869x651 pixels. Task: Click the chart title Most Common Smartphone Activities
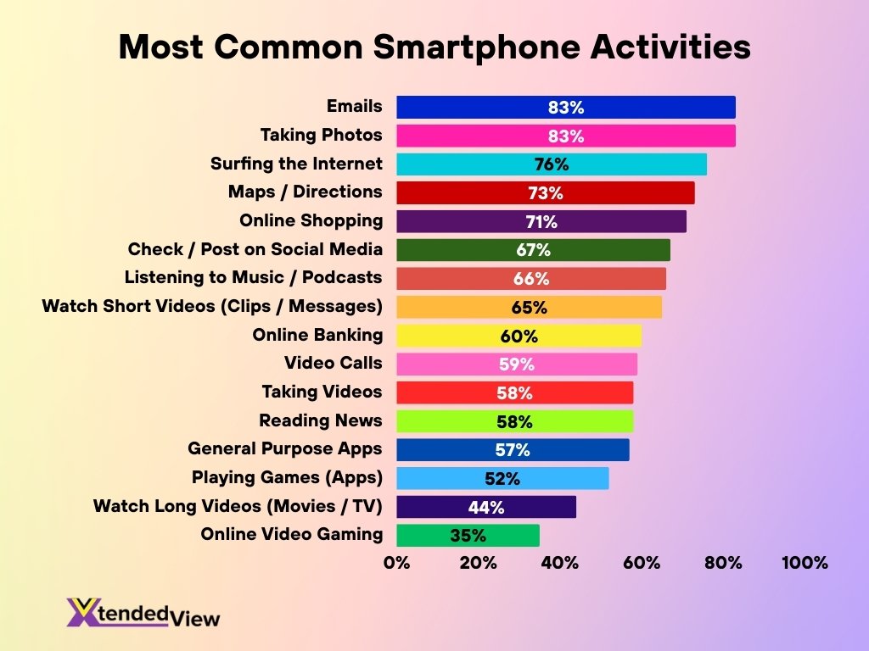pos(434,47)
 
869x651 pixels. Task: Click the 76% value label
pos(552,164)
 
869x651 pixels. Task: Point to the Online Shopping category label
pos(311,220)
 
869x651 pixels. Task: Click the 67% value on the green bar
pos(533,250)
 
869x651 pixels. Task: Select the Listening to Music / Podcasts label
pos(253,277)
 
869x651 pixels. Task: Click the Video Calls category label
pos(333,363)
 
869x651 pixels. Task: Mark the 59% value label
pos(517,364)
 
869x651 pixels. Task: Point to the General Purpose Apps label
pos(284,448)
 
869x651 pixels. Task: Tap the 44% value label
pos(486,508)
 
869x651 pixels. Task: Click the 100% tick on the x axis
pos(804,563)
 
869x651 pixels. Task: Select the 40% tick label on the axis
pos(560,563)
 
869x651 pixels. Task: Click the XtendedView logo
pos(143,612)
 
